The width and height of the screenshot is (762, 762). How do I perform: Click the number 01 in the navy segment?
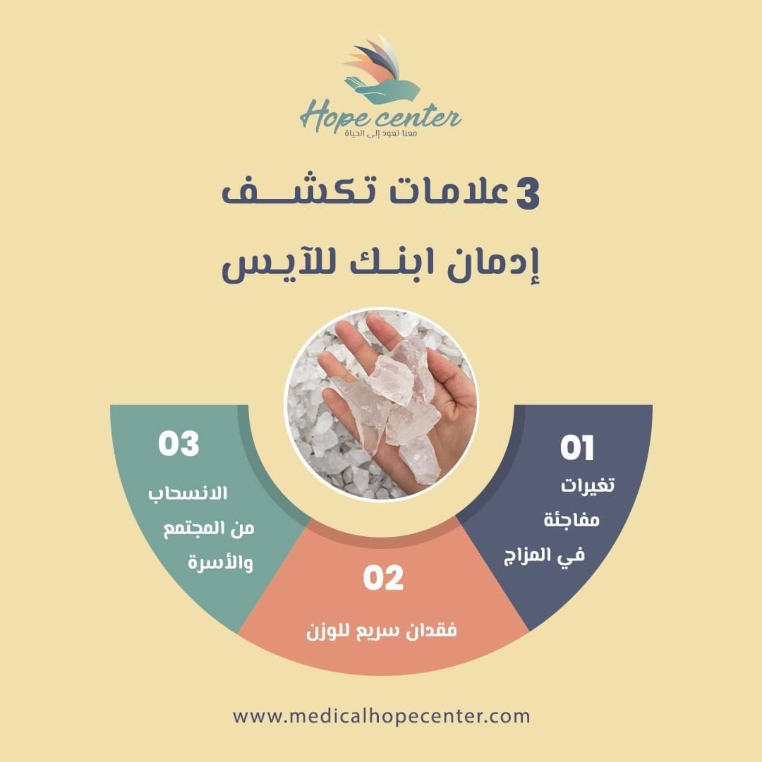pyautogui.click(x=577, y=447)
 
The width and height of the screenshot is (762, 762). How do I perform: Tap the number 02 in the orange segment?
pyautogui.click(x=383, y=577)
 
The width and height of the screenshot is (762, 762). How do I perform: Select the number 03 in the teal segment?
pyautogui.click(x=179, y=443)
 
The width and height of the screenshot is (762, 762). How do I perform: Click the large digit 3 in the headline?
pyautogui.click(x=527, y=193)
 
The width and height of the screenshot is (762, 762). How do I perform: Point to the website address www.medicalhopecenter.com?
pyautogui.click(x=382, y=716)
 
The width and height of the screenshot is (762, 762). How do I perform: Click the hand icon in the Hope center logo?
pyautogui.click(x=382, y=90)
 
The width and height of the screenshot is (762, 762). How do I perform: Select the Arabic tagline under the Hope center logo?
pyautogui.click(x=380, y=133)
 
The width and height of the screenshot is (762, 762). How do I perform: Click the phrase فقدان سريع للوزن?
pyautogui.click(x=382, y=631)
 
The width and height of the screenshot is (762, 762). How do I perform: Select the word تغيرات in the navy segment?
pyautogui.click(x=588, y=485)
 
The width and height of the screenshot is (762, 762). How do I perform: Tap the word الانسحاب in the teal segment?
pyautogui.click(x=188, y=494)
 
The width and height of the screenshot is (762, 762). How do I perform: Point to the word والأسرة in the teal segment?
pyautogui.click(x=221, y=563)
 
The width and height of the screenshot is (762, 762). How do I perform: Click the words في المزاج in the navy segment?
pyautogui.click(x=544, y=555)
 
